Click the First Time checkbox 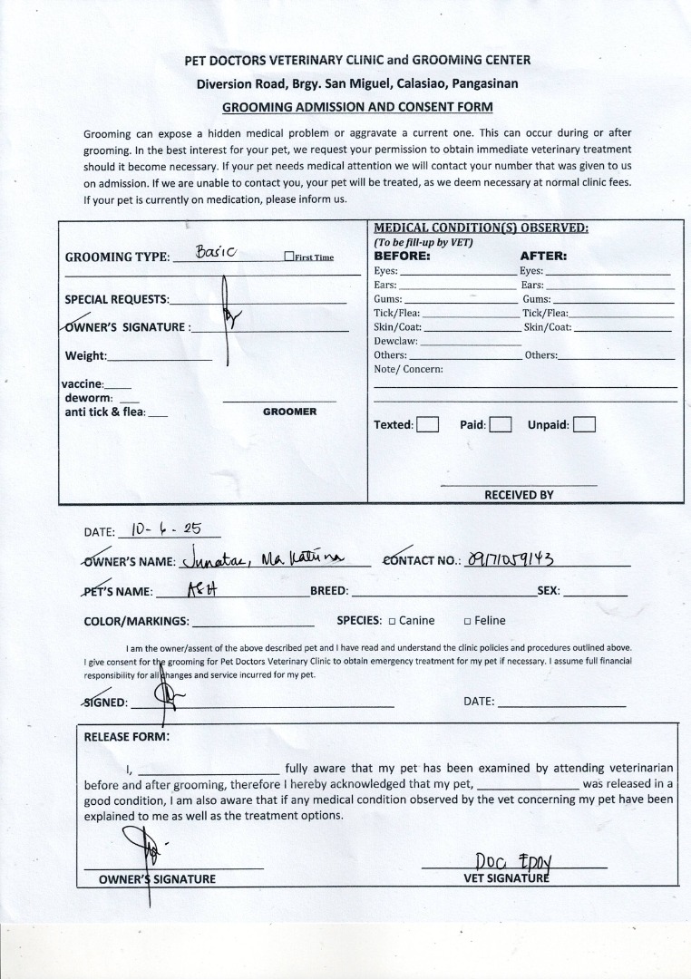coord(289,257)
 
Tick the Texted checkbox coord(428,424)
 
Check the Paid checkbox coord(501,424)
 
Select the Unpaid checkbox coord(584,424)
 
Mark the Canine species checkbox coord(392,621)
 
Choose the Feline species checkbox coord(467,621)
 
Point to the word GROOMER coord(289,412)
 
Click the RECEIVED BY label coord(518,495)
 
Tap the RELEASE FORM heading coord(126,737)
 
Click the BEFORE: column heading coord(403,256)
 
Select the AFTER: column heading coord(543,256)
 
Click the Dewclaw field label coord(395,341)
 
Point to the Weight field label coord(85,355)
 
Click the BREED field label coord(329,591)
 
